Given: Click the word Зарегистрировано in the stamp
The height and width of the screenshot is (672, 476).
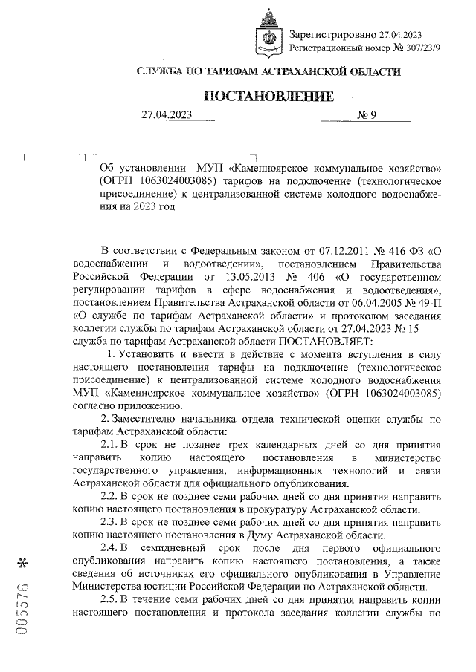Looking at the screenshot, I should pyautogui.click(x=332, y=34).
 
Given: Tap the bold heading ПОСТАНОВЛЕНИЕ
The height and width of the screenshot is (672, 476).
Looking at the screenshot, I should pyautogui.click(x=268, y=97).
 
